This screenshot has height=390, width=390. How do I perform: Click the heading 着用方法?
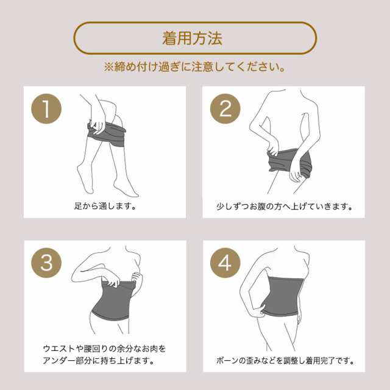pyautogui.click(x=193, y=38)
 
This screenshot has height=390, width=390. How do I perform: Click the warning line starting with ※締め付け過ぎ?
pyautogui.click(x=194, y=67)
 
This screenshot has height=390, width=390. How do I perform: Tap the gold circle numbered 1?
pyautogui.click(x=46, y=108)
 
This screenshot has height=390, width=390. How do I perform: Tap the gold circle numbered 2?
pyautogui.click(x=225, y=108)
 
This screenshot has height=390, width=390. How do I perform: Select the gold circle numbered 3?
pyautogui.click(x=46, y=263)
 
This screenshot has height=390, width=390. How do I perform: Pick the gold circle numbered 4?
pyautogui.click(x=225, y=263)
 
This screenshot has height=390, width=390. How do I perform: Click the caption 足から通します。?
pyautogui.click(x=105, y=206)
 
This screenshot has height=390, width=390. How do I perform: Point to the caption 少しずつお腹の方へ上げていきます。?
pyautogui.click(x=284, y=206)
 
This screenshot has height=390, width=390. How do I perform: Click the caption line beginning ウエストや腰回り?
pyautogui.click(x=104, y=349)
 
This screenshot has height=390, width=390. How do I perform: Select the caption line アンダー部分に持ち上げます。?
pyautogui.click(x=99, y=360)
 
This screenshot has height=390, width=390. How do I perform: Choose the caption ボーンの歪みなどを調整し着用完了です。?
pyautogui.click(x=285, y=360)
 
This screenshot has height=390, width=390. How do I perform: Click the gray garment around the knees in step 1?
pyautogui.click(x=107, y=134)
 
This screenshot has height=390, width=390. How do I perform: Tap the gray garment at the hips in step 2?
pyautogui.click(x=289, y=163)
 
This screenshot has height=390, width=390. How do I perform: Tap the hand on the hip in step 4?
pyautogui.click(x=256, y=310)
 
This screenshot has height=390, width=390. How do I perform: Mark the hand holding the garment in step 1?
pyautogui.click(x=97, y=126)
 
